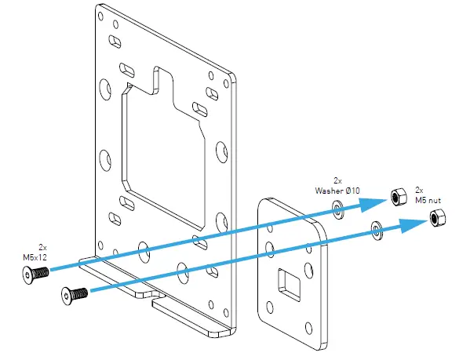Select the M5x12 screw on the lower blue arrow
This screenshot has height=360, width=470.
(x=73, y=295)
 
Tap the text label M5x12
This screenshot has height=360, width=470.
(x=37, y=256)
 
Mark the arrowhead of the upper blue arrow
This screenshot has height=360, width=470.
(x=375, y=203)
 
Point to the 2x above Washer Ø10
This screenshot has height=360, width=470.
(x=337, y=180)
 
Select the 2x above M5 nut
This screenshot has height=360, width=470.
(x=420, y=190)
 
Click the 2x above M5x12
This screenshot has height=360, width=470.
(x=42, y=245)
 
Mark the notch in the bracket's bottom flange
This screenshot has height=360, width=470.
(x=158, y=297)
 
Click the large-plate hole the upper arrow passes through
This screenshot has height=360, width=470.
(x=144, y=250)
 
